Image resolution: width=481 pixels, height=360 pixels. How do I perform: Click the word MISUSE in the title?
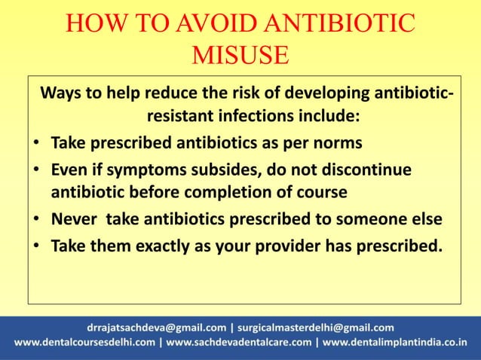(x=240, y=56)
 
